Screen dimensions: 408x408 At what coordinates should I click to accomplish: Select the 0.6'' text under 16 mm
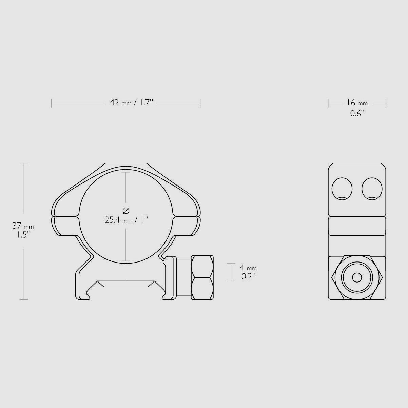tap(357, 113)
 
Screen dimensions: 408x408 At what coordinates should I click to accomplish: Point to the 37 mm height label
tap(23, 225)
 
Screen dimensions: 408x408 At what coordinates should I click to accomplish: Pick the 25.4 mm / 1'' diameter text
tap(127, 220)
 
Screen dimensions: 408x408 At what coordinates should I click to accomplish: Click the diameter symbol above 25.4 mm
tap(125, 211)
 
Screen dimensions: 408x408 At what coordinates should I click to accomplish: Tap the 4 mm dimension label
tap(248, 267)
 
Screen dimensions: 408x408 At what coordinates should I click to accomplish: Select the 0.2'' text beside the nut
tap(248, 276)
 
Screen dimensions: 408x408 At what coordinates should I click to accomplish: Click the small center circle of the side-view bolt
tap(357, 277)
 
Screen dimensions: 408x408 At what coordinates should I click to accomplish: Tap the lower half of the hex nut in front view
tap(202, 289)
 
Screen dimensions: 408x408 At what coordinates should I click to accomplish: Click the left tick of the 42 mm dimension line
tap(52, 103)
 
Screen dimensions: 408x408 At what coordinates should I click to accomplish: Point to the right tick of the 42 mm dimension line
tap(200, 103)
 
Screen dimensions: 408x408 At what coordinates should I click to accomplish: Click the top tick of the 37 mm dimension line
tap(24, 163)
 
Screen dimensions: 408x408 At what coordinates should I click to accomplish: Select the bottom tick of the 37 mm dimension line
tap(24, 299)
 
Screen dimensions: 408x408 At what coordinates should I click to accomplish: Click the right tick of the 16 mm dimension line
tap(386, 103)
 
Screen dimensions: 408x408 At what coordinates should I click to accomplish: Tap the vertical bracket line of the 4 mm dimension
tap(231, 272)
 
